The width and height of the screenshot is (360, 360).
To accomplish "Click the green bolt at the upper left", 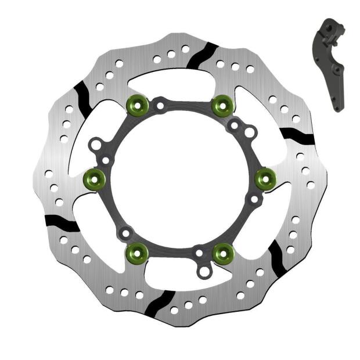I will coord(136,104).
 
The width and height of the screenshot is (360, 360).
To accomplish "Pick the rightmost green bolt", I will coord(265,178).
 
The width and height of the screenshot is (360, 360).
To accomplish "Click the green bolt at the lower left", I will coord(136,251).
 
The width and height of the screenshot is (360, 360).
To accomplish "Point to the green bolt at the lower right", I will coord(223,252).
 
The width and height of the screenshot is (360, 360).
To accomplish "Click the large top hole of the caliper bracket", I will coord(329,27).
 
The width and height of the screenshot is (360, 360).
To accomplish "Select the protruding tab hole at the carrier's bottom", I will coord(204,271).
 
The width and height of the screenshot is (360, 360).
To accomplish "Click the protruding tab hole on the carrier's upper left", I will coord(96,143).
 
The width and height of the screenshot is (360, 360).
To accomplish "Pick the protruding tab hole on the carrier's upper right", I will coord(250,133).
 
